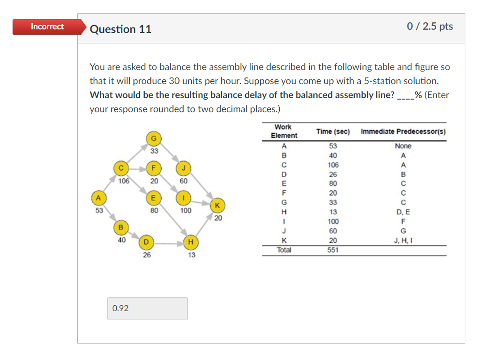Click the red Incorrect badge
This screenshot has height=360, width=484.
coord(47,27)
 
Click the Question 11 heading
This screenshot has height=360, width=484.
coord(120,29)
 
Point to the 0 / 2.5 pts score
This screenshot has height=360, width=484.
coord(430,26)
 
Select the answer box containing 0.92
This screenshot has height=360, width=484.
coord(147,308)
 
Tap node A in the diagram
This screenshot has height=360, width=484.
coord(98,198)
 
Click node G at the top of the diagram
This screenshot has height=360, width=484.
coord(154,139)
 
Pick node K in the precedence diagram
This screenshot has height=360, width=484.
coord(217,205)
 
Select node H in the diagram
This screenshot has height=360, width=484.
coord(191,242)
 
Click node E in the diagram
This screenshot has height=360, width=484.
coord(153,198)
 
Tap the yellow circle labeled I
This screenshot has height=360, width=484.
coord(183,198)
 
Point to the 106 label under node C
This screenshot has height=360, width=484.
coord(124,181)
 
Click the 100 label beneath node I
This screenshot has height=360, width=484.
coord(186,211)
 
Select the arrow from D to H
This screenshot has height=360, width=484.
coord(168,243)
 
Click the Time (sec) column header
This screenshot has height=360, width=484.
coord(333,131)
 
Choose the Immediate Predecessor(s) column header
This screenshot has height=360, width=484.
coord(403,131)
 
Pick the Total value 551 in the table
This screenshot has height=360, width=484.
coord(333,250)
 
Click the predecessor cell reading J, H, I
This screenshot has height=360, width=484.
coord(403,240)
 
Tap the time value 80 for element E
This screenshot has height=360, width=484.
coord(333,184)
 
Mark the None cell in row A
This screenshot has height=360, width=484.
coord(403,146)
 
